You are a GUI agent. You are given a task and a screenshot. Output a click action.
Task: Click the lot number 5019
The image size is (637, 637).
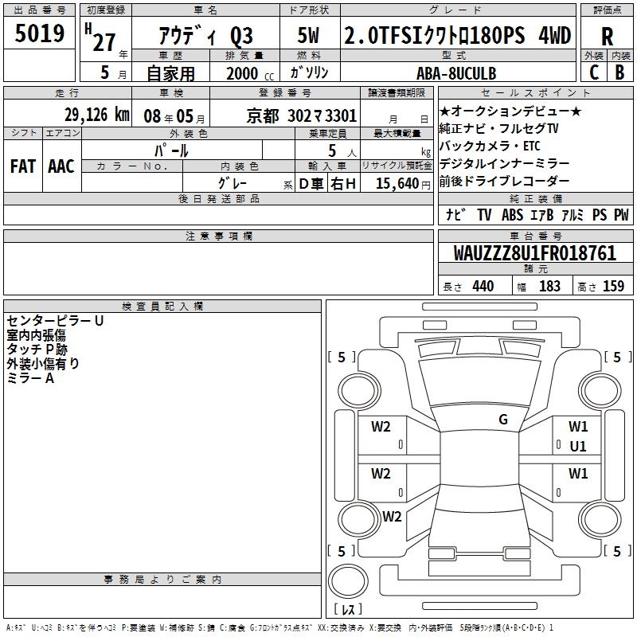pos(39,33)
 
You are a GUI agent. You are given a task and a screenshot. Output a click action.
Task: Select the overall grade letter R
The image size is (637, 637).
pos(607,37)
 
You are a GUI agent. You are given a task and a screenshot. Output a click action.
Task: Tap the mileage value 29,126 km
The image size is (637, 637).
pos(96,115)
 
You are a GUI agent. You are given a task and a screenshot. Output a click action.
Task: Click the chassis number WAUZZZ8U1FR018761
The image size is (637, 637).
pos(534,253)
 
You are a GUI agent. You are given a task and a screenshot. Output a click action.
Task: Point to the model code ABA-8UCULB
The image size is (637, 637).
pos(456,73)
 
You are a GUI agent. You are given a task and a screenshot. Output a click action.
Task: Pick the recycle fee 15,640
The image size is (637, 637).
pos(397,184)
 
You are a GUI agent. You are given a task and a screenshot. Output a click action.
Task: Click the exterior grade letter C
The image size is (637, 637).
pos(594,72)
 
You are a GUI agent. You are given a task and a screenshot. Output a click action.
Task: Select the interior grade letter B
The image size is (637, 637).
pos(619,72)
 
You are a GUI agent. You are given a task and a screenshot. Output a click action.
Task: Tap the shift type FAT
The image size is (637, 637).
pos(23,166)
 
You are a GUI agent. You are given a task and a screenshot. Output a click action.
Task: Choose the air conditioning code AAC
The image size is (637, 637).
pos(61,166)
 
